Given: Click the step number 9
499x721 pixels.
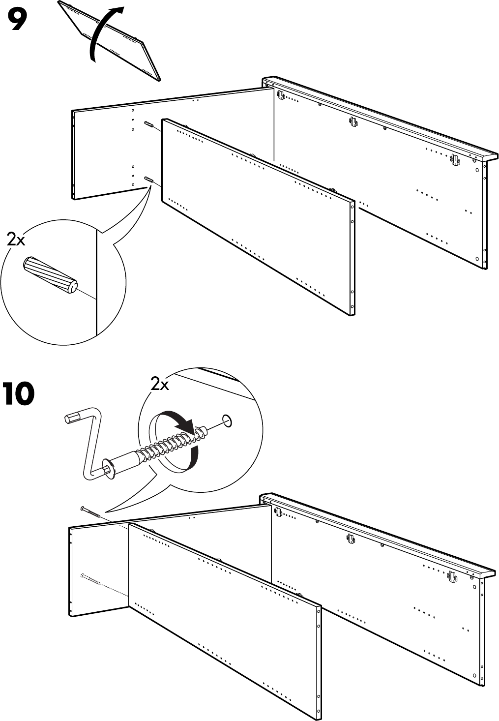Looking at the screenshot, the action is [17, 20].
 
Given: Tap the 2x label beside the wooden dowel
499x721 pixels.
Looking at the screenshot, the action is [16, 240].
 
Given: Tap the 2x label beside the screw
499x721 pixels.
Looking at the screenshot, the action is [159, 384].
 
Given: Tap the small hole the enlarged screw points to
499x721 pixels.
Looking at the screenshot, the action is [227, 421].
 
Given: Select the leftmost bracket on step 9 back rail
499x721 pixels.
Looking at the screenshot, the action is [281, 94].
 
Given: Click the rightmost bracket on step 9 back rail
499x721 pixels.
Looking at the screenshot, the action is [454, 159].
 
